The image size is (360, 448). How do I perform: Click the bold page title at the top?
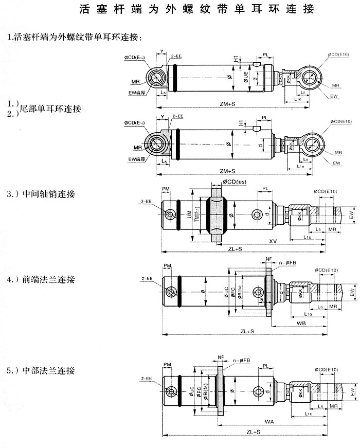(x=197, y=10)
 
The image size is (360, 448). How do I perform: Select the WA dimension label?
(x=269, y=422)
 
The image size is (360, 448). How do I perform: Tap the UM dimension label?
(x=189, y=219)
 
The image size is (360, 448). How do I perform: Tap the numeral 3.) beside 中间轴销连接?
(x=13, y=194)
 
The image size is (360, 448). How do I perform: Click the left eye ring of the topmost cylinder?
(x=156, y=79)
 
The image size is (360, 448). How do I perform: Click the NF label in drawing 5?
(x=221, y=356)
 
